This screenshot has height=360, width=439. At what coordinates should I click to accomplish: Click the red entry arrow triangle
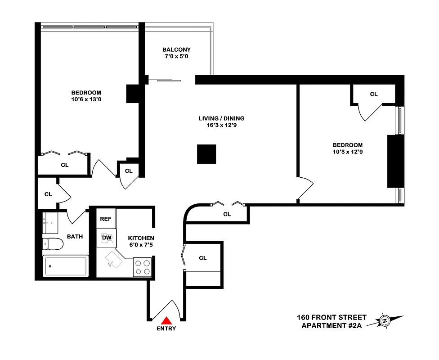[167, 320]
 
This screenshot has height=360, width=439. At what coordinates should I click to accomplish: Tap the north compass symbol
[385, 321]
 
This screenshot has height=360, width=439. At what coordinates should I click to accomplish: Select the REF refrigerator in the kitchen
[106, 219]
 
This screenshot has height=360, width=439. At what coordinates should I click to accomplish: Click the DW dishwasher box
[107, 238]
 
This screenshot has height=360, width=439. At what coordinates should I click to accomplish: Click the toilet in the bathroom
[53, 244]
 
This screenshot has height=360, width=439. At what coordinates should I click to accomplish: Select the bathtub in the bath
[66, 266]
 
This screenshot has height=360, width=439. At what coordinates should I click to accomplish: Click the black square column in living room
[206, 154]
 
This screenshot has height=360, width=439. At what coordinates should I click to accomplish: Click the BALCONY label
[176, 50]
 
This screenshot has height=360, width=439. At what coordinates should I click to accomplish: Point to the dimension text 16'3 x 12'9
[221, 126]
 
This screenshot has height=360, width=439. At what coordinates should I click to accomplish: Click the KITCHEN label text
[141, 238]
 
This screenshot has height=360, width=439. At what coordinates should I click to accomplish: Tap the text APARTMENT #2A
[331, 326]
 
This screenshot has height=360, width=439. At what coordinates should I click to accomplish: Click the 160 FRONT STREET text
[331, 318]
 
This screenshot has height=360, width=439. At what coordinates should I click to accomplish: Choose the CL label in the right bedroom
[374, 94]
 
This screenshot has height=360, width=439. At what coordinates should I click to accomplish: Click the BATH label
[75, 236]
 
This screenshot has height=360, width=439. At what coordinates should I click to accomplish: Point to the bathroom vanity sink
[50, 222]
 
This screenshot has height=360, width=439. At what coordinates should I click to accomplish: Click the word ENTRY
[166, 328]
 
